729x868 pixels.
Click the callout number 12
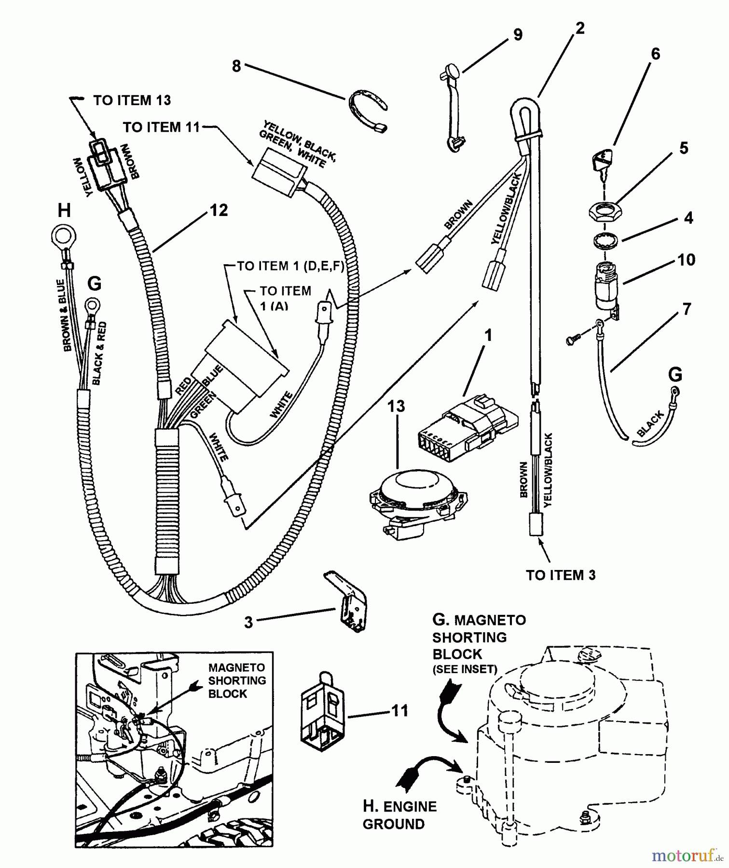coord(219,210)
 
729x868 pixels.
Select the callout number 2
coord(579,28)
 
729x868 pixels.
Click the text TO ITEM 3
coord(561,575)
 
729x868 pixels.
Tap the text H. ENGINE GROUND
coord(399,815)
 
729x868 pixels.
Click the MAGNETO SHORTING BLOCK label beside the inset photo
coord(237,680)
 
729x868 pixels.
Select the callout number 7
coord(686,309)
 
